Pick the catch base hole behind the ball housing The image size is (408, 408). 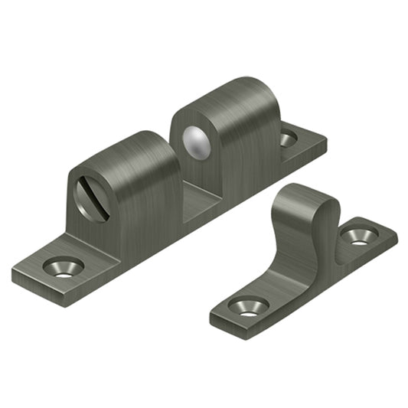pyautogui.click(x=288, y=139)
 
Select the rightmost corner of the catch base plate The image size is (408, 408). pyautogui.click(x=326, y=141)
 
